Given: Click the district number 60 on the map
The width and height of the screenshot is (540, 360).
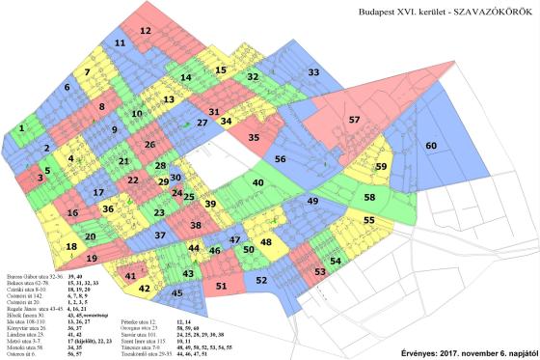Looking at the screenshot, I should click(x=432, y=145).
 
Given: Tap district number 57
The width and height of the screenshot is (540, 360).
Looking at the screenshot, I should click(x=354, y=119).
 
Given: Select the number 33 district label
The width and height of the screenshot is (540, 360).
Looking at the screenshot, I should click(x=313, y=72).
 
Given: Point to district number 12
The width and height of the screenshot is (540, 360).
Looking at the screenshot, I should click(x=145, y=32).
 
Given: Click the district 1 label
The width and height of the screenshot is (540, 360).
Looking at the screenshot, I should click(x=21, y=127).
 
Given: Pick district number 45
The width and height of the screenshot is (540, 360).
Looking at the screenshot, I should click(x=176, y=292).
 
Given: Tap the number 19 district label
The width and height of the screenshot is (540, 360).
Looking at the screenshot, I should click(x=92, y=259).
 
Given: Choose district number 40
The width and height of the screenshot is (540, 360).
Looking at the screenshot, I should click(x=258, y=182).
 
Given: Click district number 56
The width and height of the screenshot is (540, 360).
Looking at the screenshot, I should click(x=281, y=159).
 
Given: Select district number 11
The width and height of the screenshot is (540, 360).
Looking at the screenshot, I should click(x=120, y=44).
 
